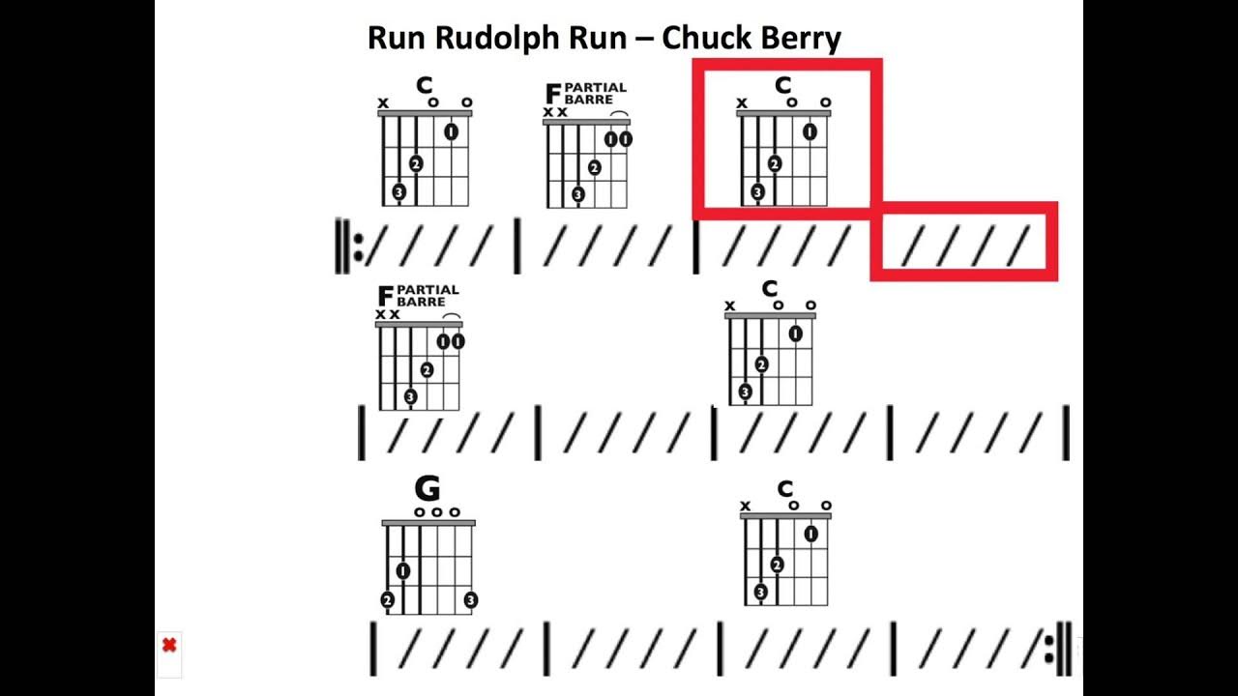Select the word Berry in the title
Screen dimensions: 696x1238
[800, 39]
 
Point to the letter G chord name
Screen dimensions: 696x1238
[427, 489]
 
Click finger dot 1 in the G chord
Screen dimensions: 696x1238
[402, 571]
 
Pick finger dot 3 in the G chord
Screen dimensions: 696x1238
[470, 600]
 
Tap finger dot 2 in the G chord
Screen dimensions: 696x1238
[388, 600]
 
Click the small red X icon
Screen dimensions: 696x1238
[169, 645]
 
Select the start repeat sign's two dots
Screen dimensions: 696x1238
[358, 247]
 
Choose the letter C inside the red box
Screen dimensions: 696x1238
[783, 86]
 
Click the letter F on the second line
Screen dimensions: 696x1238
[385, 296]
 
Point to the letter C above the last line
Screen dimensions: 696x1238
[784, 489]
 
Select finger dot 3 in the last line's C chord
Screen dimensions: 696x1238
[760, 592]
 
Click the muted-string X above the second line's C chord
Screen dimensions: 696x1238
[730, 306]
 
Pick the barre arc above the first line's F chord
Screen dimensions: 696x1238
[619, 114]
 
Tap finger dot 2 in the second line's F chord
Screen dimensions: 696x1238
[427, 369]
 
